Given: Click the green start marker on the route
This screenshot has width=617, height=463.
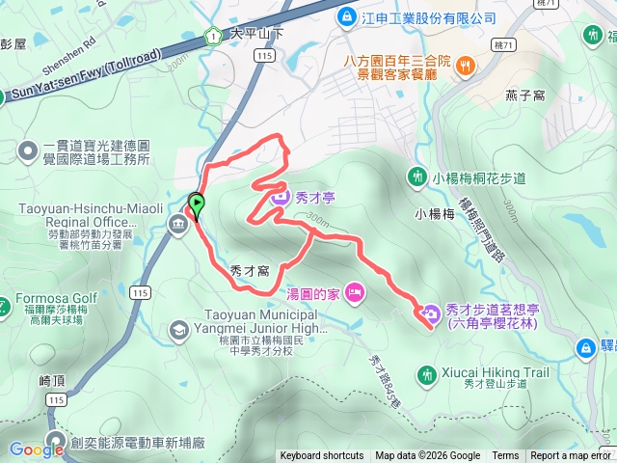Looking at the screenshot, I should pos(198,204).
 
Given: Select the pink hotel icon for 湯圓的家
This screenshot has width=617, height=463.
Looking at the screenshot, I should pos(353,291).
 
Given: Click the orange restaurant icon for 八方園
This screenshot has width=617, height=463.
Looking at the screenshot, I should pos(466,66).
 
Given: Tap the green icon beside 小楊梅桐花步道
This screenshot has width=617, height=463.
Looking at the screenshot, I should pos(417,177).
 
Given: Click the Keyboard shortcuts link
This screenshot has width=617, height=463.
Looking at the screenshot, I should pos(322,456).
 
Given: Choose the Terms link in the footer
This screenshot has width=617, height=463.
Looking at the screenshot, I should pos(505,456).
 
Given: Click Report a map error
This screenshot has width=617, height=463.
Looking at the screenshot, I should pos(572,456).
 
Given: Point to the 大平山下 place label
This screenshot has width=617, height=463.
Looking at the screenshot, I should pos(258,33).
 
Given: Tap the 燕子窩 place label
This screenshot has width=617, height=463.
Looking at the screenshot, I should pos(526,95).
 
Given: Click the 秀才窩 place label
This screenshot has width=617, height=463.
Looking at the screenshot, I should pos(251,272).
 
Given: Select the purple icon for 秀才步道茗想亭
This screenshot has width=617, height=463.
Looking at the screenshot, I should pos(429,311).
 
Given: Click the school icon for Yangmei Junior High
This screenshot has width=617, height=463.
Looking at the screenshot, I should pos(178,330).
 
